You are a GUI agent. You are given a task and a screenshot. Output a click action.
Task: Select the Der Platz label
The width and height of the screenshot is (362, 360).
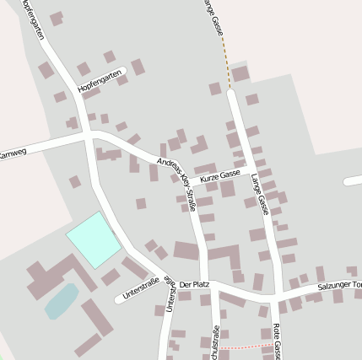[195, 285]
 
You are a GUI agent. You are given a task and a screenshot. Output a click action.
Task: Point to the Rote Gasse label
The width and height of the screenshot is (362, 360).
[278, 342]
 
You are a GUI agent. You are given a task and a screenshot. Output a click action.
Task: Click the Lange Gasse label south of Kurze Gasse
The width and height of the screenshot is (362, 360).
[261, 193]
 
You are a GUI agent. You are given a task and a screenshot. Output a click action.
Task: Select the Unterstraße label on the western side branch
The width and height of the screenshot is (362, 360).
[141, 293]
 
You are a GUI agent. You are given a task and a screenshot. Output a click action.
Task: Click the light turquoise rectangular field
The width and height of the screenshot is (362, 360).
[93, 238]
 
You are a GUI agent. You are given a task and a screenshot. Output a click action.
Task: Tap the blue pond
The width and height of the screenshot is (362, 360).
[62, 300]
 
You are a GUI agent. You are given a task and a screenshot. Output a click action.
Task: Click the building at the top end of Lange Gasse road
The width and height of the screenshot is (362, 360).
[240, 74]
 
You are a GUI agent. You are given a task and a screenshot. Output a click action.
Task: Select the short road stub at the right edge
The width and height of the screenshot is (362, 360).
[354, 180]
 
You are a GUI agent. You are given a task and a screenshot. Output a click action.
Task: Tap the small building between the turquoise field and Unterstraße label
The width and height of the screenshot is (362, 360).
[111, 277]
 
